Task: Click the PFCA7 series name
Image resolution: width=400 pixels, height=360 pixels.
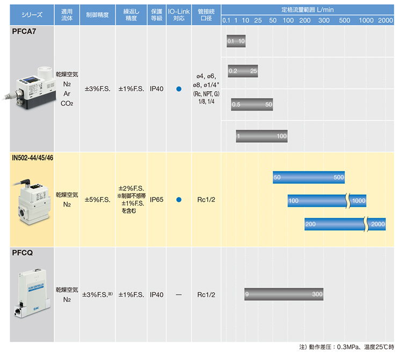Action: pos(24,31)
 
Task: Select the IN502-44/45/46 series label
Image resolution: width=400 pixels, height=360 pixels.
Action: pos(32,158)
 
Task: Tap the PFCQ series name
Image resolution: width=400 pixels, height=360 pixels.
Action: pos(23,253)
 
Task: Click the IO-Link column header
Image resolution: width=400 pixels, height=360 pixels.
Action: pos(179,15)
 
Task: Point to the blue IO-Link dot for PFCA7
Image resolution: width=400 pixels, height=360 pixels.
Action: pos(179,89)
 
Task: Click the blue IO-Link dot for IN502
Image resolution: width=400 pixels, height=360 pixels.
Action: pos(179,200)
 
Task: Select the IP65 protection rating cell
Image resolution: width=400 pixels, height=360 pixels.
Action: pos(156,200)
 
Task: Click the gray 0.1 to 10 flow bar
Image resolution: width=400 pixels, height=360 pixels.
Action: pos(236,41)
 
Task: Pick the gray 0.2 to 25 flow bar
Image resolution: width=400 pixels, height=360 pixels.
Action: pos(243,71)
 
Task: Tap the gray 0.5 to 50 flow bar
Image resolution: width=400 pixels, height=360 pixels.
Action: pos(252,105)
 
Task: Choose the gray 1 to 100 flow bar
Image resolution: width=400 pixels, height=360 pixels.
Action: pos(261,136)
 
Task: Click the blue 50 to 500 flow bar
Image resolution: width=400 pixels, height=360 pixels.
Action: pos(309,177)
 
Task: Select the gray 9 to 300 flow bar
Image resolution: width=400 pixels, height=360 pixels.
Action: pos(283,294)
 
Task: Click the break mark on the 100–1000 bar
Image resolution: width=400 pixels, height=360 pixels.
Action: pos(348,201)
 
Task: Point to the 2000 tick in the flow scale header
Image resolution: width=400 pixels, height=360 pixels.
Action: pos(385,20)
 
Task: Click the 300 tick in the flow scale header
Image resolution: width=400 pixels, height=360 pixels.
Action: pos(324,20)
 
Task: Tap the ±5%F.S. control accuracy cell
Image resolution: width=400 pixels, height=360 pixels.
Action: pos(97,200)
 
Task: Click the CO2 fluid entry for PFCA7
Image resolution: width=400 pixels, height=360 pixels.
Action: pos(67,104)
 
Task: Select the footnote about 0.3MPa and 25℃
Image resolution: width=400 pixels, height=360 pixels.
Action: pos(346,347)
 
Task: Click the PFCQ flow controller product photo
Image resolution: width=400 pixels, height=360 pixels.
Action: pos(32,293)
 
